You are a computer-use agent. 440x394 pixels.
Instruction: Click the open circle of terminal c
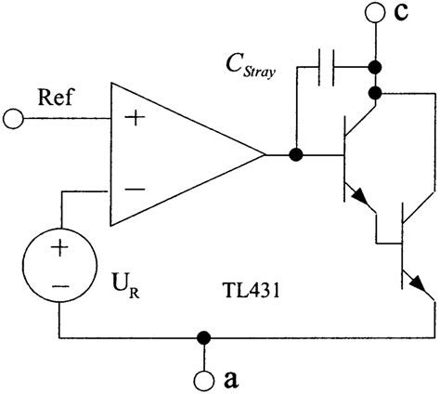(375, 13)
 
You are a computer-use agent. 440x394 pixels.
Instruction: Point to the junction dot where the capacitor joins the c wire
(375, 68)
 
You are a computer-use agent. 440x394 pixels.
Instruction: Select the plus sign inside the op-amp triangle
(135, 119)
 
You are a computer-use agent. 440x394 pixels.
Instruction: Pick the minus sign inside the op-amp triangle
(135, 190)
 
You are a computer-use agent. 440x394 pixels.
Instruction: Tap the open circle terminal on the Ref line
(13, 119)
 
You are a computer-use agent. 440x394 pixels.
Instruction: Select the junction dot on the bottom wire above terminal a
(201, 336)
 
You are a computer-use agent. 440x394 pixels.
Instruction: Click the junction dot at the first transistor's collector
(375, 93)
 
